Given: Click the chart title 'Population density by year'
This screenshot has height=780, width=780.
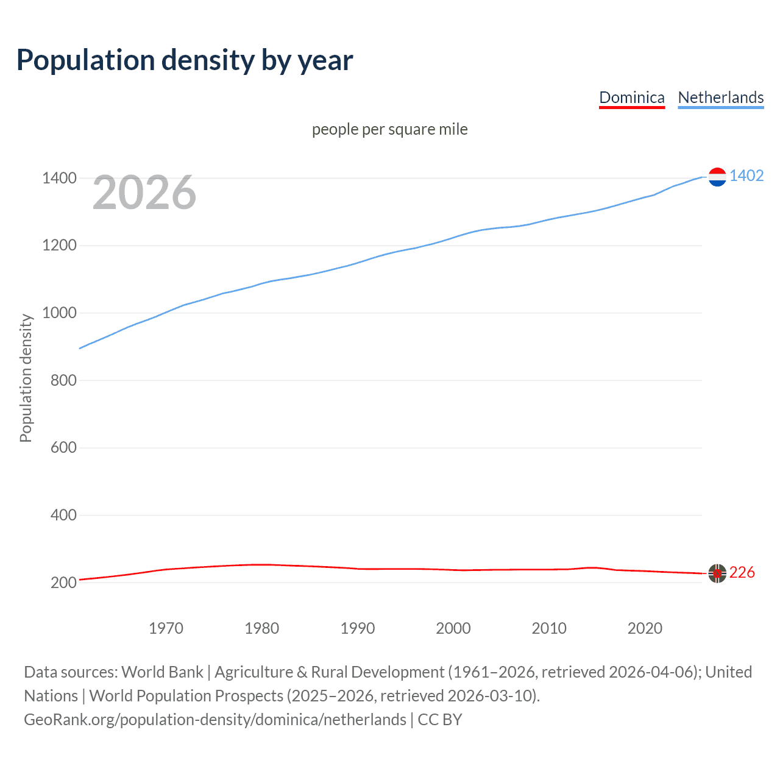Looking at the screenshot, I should click(185, 60).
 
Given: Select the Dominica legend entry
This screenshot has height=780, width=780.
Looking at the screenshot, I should click(631, 97).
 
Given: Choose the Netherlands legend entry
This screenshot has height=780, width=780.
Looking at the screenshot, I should click(720, 97).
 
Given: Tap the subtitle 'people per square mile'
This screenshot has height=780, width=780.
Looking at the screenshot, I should click(389, 129).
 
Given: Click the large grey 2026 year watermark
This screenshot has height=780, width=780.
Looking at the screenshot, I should click(144, 193).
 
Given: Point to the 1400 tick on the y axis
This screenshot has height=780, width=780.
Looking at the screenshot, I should click(59, 179).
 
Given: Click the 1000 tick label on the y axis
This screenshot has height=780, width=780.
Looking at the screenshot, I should click(59, 313).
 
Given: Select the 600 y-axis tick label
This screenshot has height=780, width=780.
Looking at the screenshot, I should click(63, 448).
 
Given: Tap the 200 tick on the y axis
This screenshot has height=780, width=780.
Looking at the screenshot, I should click(63, 583).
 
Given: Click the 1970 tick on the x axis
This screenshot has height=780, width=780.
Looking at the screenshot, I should click(166, 628).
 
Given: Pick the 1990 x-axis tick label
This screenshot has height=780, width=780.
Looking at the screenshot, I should click(358, 628).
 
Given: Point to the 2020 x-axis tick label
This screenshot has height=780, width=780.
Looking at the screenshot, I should click(645, 628).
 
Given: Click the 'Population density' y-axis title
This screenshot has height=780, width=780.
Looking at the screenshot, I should click(26, 378).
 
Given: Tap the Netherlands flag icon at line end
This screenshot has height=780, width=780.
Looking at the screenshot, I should click(717, 177).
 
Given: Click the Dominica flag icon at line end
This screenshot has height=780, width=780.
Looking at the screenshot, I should click(717, 573).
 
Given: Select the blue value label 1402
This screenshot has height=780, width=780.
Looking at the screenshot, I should click(746, 176).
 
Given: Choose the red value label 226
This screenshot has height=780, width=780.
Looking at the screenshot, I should click(742, 573).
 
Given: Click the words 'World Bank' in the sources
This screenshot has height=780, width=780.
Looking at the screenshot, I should click(162, 672).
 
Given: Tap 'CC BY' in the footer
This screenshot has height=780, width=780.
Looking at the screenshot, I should click(439, 720).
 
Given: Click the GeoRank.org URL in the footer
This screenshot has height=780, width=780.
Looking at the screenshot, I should click(215, 720).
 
